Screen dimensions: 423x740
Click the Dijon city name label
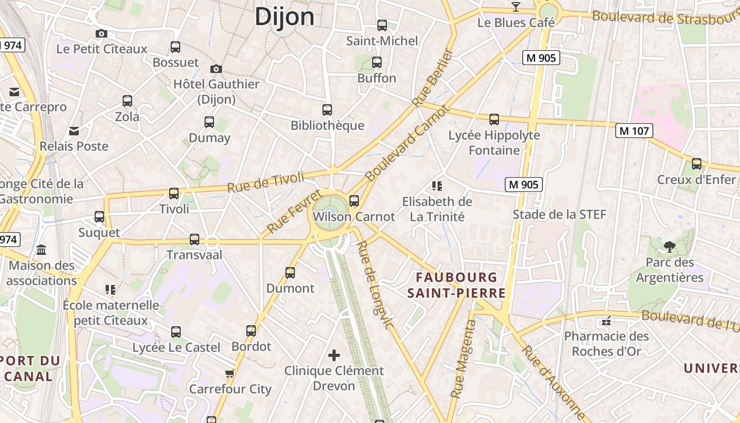tap(284, 16)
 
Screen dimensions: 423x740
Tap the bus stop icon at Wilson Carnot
tap(354, 201)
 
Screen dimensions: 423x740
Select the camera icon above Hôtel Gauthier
tap(216, 69)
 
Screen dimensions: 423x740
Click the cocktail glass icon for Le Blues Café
tap(516, 7)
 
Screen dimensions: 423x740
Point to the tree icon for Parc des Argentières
tap(670, 246)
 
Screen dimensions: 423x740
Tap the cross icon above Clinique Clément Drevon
tap(334, 355)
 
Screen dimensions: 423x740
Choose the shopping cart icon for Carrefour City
tap(229, 374)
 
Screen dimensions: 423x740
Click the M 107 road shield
tap(634, 131)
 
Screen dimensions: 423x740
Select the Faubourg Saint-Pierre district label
tap(457, 285)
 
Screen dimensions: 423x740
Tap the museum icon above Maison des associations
tap(41, 250)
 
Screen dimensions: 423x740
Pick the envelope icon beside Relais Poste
tap(74, 131)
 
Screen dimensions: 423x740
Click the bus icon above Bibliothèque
tap(327, 110)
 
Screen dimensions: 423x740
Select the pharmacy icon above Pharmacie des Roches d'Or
tap(606, 321)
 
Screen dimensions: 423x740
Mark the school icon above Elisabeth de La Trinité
tap(437, 186)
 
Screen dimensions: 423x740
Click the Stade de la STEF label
tap(559, 215)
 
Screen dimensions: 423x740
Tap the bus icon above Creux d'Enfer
tap(696, 164)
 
